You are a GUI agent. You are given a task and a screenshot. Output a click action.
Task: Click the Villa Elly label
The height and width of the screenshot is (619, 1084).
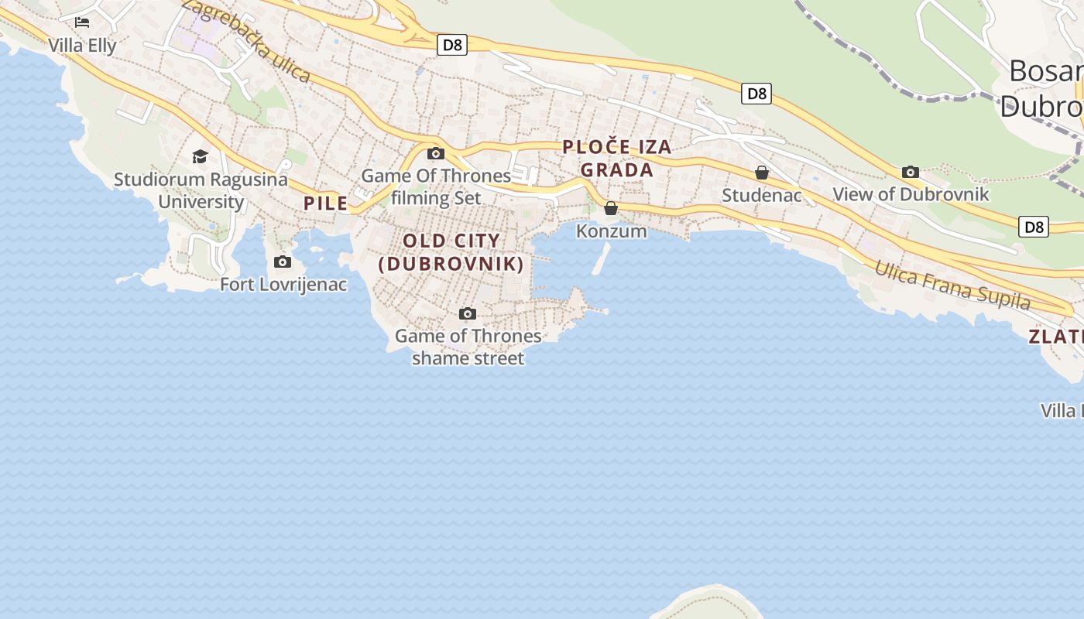coord(82,46)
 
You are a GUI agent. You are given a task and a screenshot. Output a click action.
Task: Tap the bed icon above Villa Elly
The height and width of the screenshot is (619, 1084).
coord(82,22)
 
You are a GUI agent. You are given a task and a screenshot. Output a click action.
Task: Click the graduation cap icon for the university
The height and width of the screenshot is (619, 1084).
coord(201,157)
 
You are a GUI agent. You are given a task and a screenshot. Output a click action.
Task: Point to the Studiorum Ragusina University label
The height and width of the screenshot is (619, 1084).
coord(201,190)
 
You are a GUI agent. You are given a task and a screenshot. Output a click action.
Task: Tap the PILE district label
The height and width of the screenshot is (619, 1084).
coord(326,203)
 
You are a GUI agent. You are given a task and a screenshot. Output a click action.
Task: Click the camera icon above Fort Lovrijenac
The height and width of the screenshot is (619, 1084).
coord(283,262)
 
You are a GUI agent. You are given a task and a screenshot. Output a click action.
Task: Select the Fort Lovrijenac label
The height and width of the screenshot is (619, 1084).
coord(283,285)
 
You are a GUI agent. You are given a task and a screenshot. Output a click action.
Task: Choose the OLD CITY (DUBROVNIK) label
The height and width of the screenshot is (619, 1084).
coord(451,252)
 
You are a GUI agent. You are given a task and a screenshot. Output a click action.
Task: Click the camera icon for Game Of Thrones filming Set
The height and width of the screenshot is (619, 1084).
coord(436,153)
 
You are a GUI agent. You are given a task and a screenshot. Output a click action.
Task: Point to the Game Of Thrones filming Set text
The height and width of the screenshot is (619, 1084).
coord(436,186)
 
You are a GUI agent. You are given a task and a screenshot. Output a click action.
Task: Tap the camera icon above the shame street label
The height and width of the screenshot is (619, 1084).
coord(467,313)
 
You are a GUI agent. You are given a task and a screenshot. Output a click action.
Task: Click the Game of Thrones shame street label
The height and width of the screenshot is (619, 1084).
coord(468,347)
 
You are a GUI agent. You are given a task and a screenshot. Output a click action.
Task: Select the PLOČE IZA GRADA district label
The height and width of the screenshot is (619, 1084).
coord(617,158)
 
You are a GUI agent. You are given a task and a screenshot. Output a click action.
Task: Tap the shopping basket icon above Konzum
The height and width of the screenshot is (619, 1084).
coord(611,208)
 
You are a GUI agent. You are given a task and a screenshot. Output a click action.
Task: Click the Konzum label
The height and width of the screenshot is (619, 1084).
coord(611,231)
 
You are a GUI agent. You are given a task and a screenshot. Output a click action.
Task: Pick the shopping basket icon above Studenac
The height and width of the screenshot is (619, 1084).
coord(762,173)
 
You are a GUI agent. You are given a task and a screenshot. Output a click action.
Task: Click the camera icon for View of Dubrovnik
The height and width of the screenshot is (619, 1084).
coord(911,172)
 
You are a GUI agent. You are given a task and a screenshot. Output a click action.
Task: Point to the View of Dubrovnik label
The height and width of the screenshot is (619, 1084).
coord(911,194)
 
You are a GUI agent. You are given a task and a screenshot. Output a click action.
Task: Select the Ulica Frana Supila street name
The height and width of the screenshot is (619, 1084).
coord(952,286)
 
